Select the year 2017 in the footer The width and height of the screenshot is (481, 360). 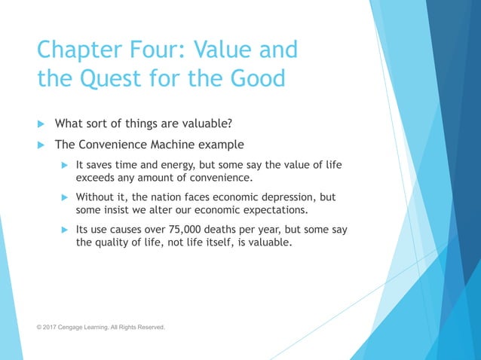pos(51,328)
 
